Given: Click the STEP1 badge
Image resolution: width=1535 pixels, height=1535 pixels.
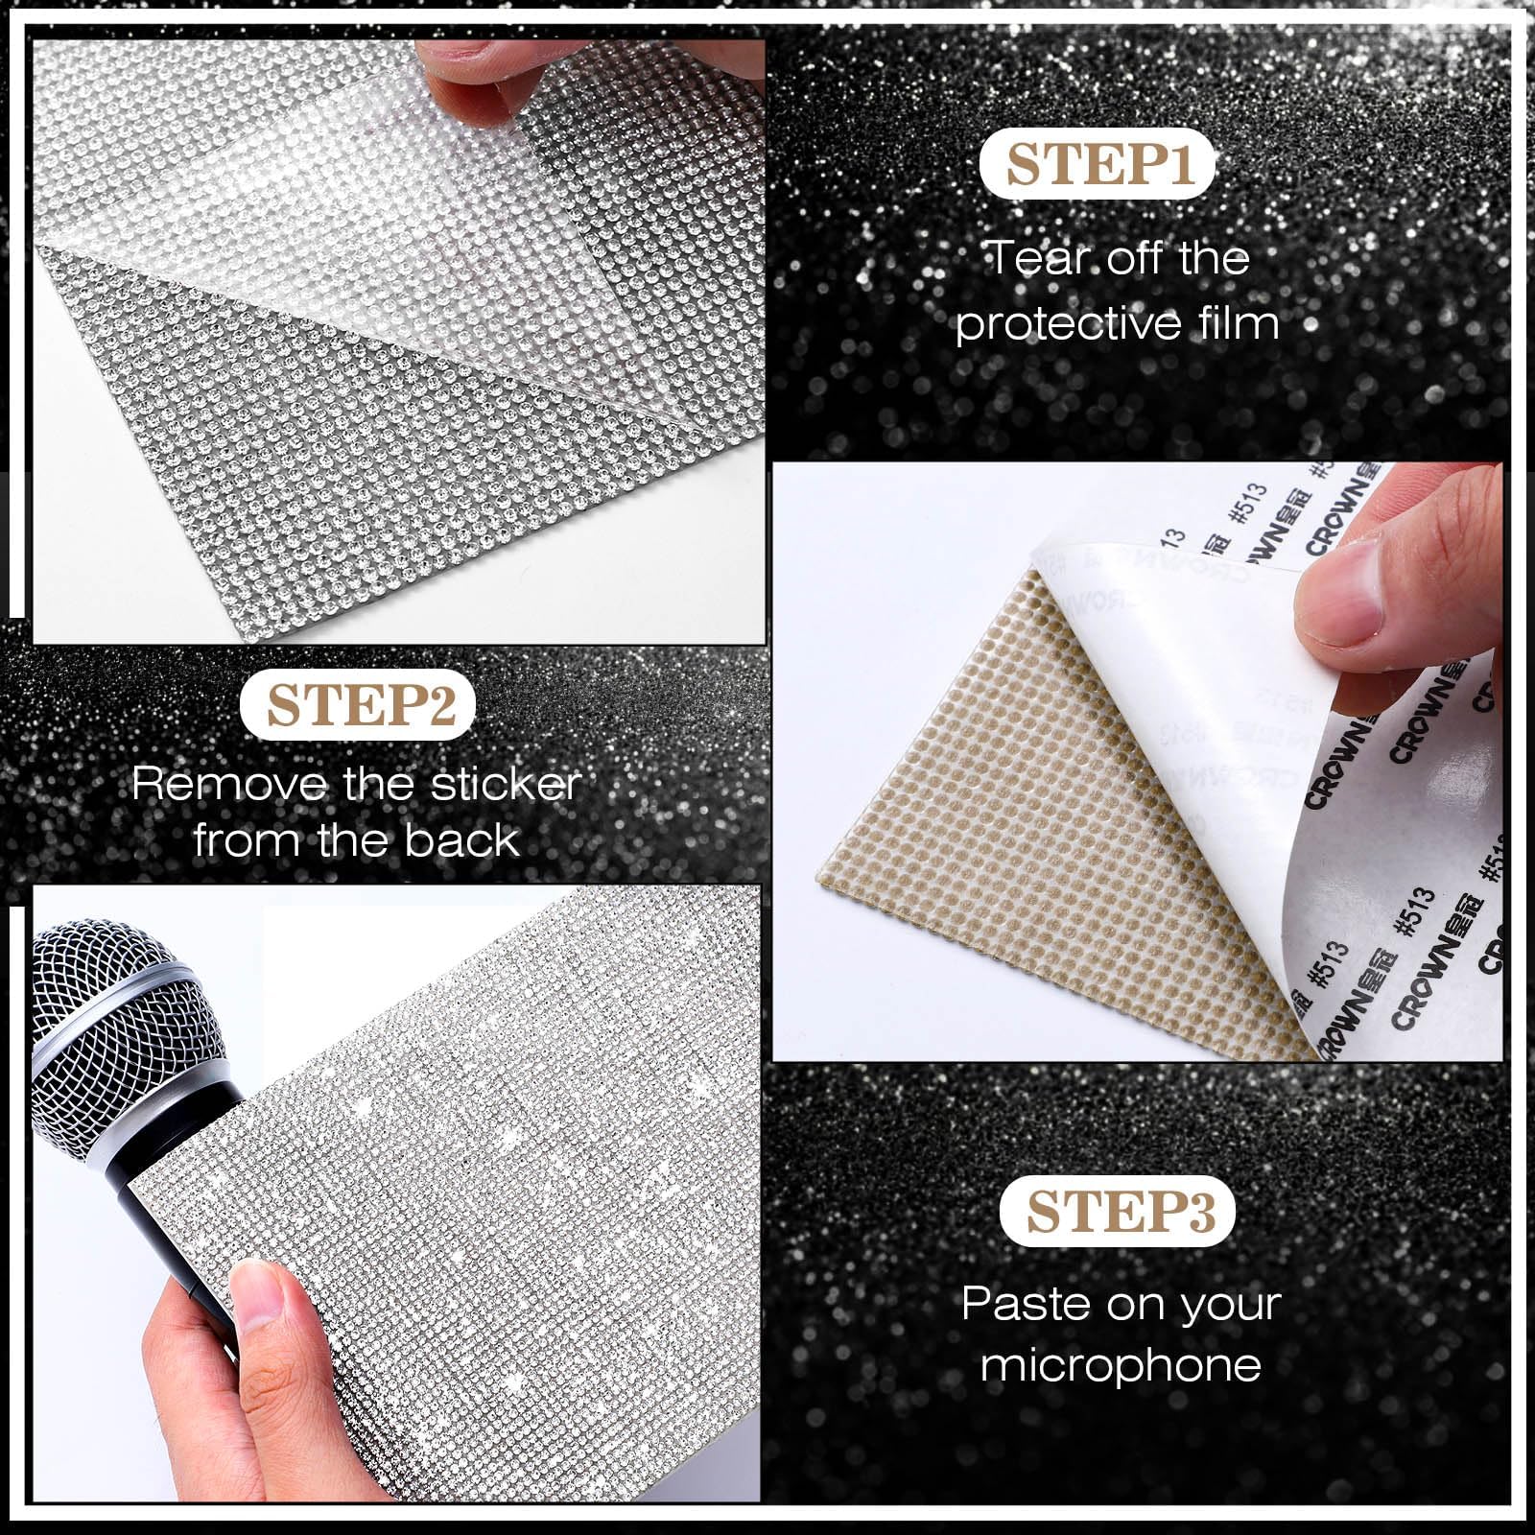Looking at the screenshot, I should (1098, 165).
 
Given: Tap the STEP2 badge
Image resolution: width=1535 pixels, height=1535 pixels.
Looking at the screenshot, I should (358, 706).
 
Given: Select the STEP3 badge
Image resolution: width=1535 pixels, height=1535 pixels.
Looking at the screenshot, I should (1118, 1213).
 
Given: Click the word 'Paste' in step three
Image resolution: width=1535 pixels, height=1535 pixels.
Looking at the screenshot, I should (1025, 1304).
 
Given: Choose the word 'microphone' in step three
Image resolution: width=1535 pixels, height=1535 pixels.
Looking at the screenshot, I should (1121, 1364).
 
